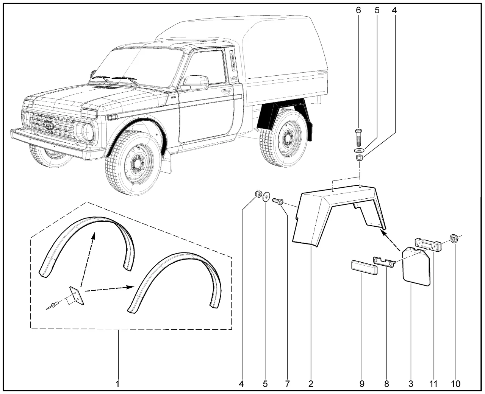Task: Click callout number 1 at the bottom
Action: [x=118, y=384]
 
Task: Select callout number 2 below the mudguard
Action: [x=311, y=384]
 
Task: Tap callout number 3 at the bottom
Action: [x=411, y=384]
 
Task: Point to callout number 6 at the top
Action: [x=358, y=11]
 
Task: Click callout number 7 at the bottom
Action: [x=287, y=384]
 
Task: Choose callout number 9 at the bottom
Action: [x=362, y=384]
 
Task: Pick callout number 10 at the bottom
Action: [x=455, y=384]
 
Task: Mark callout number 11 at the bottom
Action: [x=433, y=384]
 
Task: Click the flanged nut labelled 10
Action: [x=453, y=238]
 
